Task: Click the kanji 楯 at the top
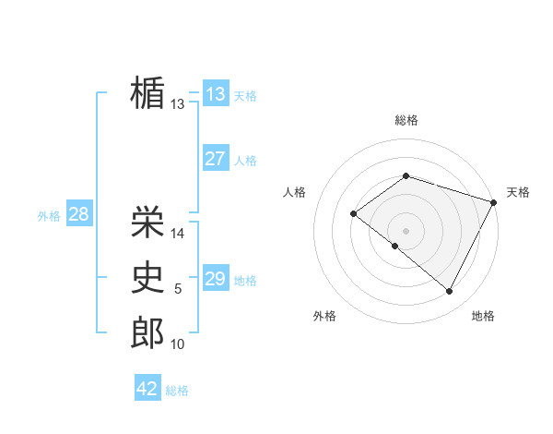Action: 147,92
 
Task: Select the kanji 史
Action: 147,278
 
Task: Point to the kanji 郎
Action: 147,333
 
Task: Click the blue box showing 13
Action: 216,94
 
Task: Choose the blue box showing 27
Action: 216,159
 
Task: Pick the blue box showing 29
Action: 216,279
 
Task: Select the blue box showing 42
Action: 147,389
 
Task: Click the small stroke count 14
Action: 179,234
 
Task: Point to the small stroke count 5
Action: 179,290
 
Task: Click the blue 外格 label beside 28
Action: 49,216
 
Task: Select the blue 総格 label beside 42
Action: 177,391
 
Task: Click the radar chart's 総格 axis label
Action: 406,121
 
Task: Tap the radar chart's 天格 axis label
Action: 518,192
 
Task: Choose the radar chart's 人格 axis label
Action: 294,192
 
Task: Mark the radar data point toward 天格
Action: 494,201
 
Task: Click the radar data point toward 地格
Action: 449,291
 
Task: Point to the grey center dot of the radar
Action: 406,230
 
